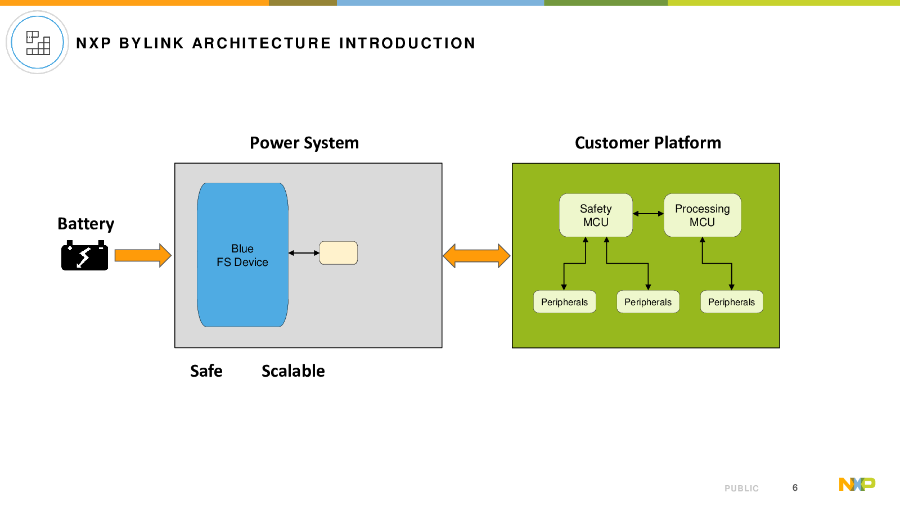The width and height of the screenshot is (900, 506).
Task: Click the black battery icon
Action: [84, 255]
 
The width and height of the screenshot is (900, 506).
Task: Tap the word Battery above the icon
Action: [85, 224]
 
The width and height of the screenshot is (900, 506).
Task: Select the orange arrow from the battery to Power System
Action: [143, 255]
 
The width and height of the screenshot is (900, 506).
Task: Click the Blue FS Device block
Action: [242, 255]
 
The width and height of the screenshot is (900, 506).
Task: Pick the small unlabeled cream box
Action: [338, 253]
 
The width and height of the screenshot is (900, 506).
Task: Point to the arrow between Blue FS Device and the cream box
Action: [304, 253]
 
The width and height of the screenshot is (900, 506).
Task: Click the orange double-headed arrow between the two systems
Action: [476, 256]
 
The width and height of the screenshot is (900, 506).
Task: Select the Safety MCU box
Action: [596, 215]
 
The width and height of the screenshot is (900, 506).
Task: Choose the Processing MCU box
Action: [703, 215]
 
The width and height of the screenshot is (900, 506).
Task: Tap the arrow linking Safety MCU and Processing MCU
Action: [648, 214]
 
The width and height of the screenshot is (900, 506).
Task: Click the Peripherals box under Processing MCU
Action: [731, 301]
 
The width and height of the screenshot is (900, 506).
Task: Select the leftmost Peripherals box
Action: [565, 301]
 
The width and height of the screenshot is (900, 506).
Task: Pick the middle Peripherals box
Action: [648, 301]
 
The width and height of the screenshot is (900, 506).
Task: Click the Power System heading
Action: [304, 143]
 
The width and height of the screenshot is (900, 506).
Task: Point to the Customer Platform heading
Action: [647, 143]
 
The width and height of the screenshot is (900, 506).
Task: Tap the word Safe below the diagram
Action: [206, 371]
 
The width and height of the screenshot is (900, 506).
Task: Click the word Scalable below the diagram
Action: [293, 371]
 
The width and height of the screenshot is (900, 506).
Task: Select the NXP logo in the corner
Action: [857, 484]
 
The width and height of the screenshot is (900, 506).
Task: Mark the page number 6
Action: [795, 487]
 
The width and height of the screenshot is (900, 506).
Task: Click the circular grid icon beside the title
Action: [37, 42]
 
